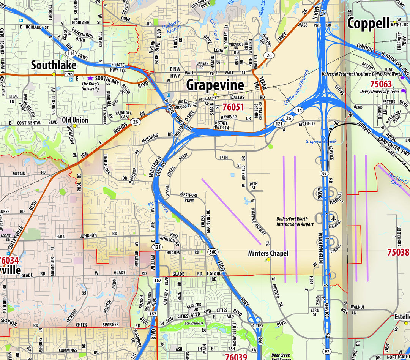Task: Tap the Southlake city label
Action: click(x=54, y=65)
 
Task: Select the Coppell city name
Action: click(x=368, y=23)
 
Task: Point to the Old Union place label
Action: click(x=75, y=120)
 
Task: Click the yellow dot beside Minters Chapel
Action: click(x=268, y=259)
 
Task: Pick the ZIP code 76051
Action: click(x=233, y=107)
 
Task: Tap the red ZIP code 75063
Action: click(x=381, y=84)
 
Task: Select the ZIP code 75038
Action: click(x=398, y=252)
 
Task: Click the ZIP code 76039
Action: click(x=236, y=357)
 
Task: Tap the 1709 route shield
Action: click(x=69, y=74)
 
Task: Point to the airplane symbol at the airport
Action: click(x=333, y=219)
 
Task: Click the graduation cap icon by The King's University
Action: click(x=85, y=78)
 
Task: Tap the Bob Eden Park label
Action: click(x=194, y=323)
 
